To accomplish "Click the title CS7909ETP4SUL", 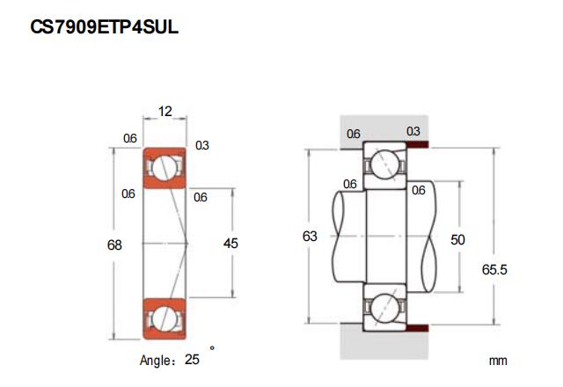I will tap(105, 27).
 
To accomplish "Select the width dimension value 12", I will tap(165, 111).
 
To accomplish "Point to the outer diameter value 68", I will tap(114, 244).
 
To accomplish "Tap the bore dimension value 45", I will tap(231, 244).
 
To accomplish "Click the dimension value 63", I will tap(310, 237).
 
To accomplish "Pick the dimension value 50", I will tap(457, 238).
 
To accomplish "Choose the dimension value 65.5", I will tap(494, 270).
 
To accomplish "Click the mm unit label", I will tap(499, 361).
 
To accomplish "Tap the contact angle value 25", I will tap(193, 360).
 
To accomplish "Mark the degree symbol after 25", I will tap(212, 348).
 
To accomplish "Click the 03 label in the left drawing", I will tap(201, 145).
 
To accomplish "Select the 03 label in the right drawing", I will tap(413, 132).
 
